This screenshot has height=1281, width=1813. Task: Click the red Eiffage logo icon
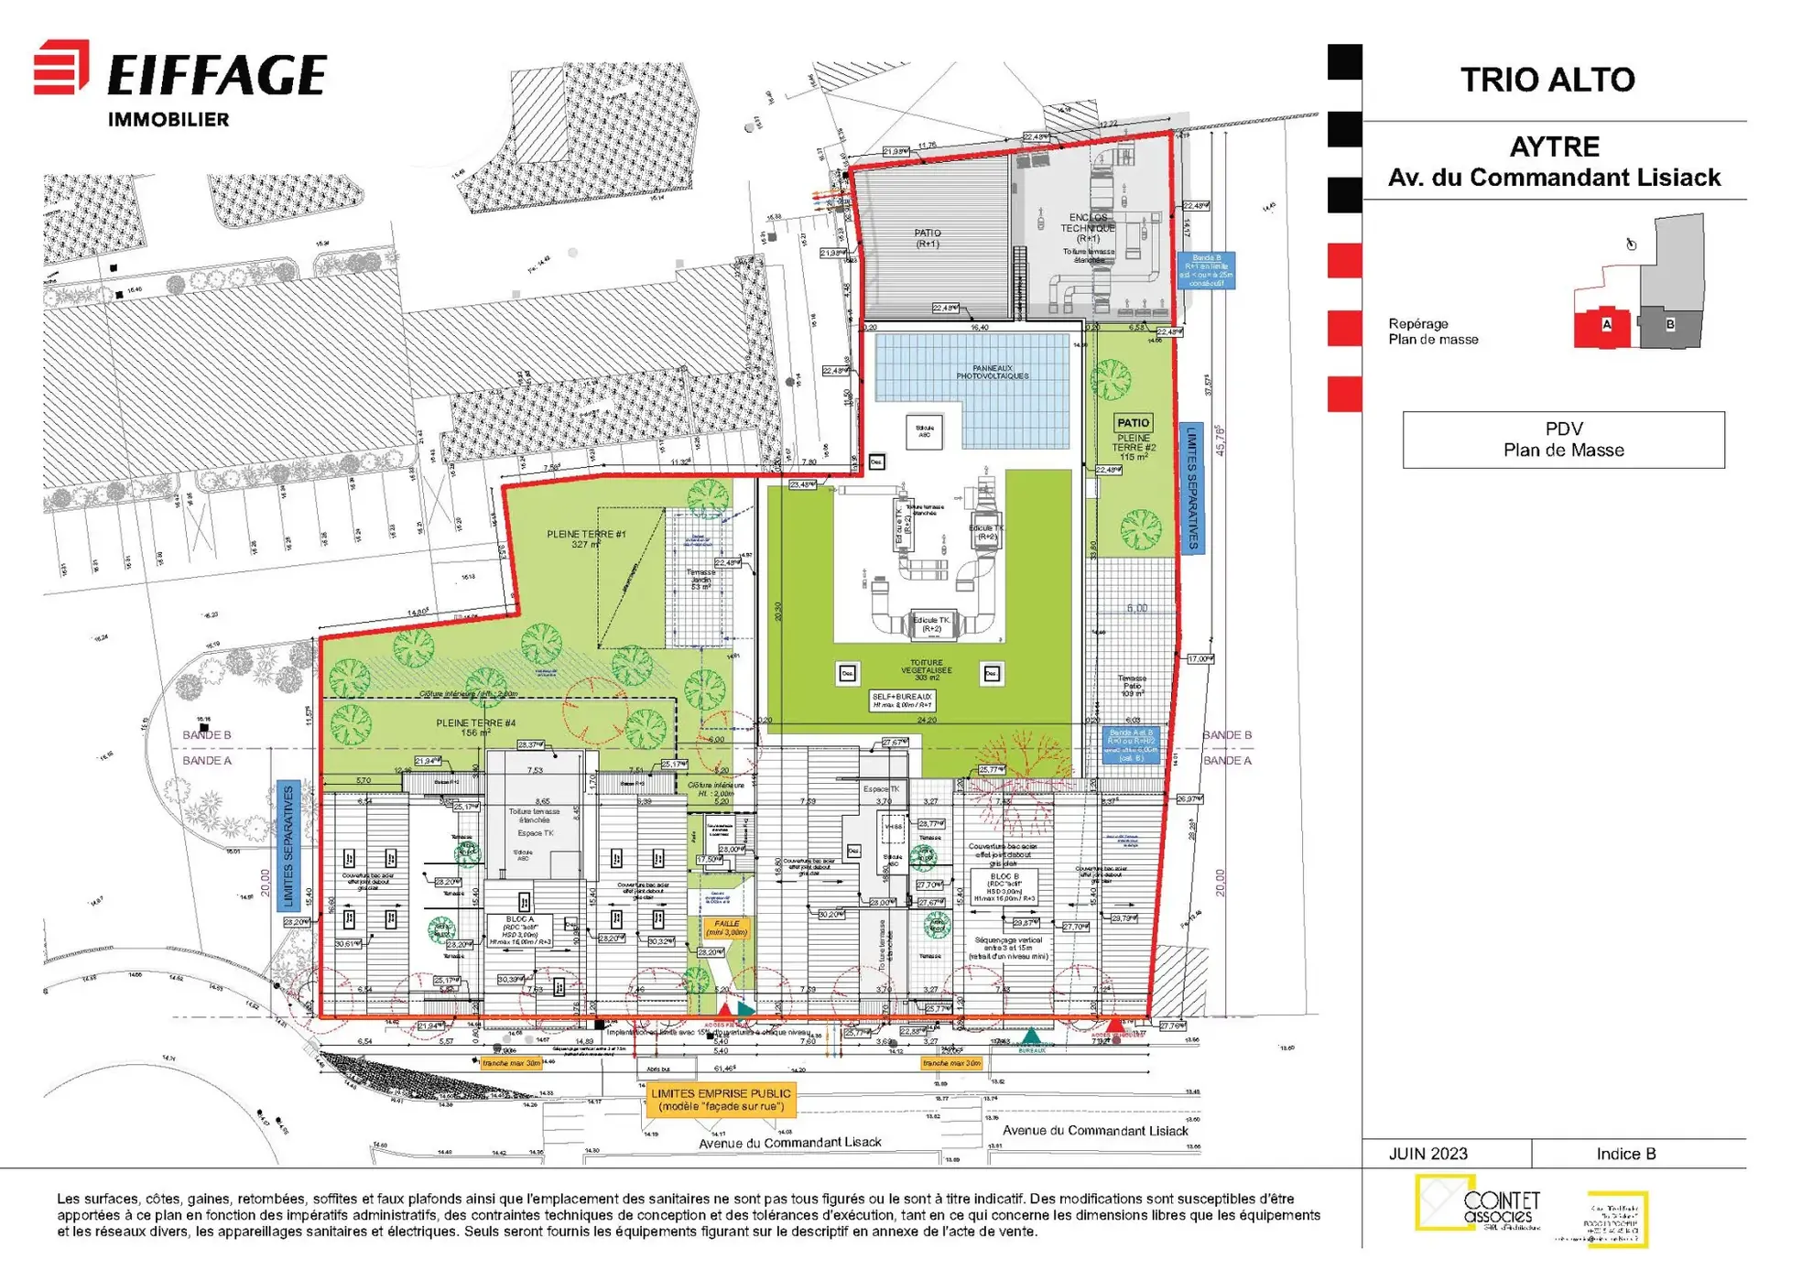pos(61,67)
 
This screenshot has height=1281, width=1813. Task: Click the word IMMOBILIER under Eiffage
pos(168,120)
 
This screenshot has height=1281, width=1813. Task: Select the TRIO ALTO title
pos(1547,80)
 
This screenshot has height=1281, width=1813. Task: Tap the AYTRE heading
pos(1554,147)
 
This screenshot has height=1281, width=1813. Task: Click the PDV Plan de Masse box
pos(1563,440)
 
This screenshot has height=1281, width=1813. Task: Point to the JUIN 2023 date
pos(1428,1154)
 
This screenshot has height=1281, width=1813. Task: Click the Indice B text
pos(1625,1154)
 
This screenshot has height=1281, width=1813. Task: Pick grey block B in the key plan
pos(1669,324)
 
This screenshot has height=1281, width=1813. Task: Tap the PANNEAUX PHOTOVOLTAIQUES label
pos(993,372)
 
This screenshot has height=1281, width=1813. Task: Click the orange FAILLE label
pos(726,928)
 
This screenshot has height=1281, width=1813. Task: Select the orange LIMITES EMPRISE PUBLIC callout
pos(721,1100)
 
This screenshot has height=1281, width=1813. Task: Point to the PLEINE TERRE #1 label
pos(586,538)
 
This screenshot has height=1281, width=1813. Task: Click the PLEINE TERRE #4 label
pos(475,727)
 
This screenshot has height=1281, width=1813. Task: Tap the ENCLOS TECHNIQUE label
pos(1088,228)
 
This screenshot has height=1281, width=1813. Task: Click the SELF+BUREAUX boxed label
pos(902,700)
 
